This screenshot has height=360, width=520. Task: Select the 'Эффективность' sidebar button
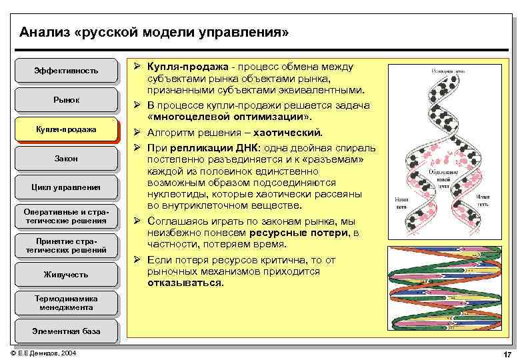(66, 70)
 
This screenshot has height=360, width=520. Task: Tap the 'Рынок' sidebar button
(66, 99)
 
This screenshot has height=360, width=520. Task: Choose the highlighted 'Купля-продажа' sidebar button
(66, 129)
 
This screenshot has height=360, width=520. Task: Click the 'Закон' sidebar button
(66, 158)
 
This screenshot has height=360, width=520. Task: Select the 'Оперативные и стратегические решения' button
(66, 216)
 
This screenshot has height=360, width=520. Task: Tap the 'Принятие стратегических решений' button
(66, 245)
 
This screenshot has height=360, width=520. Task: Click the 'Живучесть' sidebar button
(66, 274)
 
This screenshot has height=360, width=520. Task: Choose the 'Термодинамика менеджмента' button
(66, 303)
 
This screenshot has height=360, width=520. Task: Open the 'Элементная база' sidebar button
(66, 331)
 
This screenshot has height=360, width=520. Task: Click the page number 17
(507, 353)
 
